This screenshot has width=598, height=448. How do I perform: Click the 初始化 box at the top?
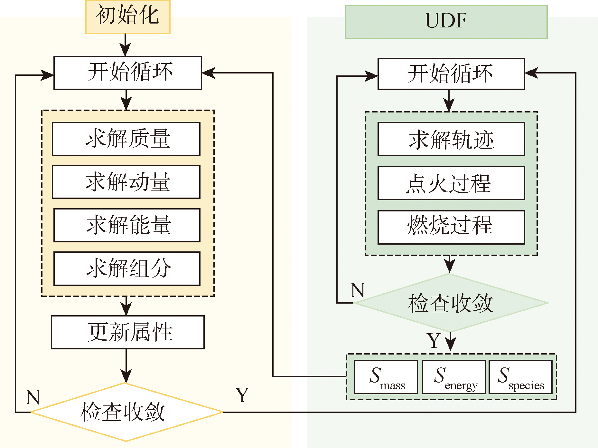pos(128,17)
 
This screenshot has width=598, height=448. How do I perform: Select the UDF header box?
pos(446,22)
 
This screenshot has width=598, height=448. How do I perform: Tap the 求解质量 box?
pos(126,139)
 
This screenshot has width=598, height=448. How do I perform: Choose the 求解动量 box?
pos(126,182)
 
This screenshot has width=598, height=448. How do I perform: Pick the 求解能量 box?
pos(127,225)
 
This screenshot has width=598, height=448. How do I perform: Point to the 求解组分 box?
pos(127,268)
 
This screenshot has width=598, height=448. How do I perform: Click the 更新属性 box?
pos(128,332)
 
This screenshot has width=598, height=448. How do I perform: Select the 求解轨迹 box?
pos(451,139)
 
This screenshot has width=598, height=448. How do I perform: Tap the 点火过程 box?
pos(451,183)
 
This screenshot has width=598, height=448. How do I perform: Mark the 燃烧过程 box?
pos(451,227)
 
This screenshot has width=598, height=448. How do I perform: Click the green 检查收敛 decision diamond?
pos(451,303)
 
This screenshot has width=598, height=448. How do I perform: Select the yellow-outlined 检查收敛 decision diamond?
pos(126,412)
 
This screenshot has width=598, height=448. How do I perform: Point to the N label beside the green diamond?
pos(358,290)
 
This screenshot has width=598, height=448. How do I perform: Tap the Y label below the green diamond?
pos(434,341)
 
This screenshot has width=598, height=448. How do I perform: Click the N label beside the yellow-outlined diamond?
pos(33,397)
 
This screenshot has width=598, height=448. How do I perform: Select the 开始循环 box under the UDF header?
pos(451,74)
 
